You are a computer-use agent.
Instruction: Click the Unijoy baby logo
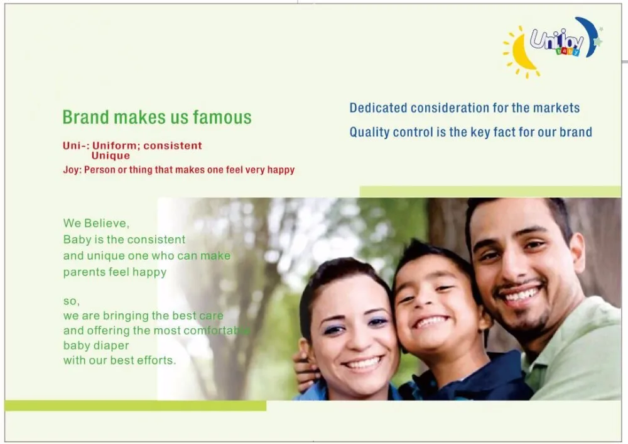point(553,47)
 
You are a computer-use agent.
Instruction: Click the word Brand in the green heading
point(85,117)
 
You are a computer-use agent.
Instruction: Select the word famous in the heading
point(222,117)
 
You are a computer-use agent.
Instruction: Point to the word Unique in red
point(111,155)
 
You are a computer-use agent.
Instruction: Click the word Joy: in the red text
point(72,170)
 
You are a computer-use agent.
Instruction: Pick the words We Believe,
point(96,223)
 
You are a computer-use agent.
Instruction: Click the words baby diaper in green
point(96,345)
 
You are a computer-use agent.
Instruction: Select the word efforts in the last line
point(156,360)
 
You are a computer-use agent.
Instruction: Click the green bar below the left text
point(136,406)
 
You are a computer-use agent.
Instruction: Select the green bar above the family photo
point(490,191)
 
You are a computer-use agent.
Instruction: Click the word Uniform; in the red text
point(116,146)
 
